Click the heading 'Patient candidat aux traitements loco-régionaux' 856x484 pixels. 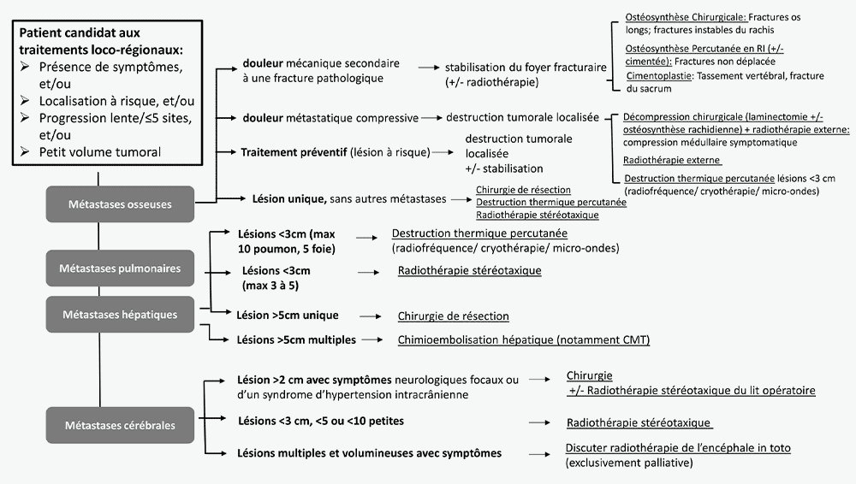(x=101, y=39)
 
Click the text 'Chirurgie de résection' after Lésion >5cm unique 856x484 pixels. (x=453, y=316)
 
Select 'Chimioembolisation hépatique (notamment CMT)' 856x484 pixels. (x=524, y=340)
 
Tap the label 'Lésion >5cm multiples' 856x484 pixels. (x=296, y=340)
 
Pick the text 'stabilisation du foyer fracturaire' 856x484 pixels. (x=526, y=67)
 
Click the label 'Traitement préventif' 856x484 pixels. (x=293, y=152)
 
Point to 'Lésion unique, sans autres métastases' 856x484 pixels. (x=349, y=199)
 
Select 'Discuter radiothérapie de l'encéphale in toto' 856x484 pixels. (x=678, y=448)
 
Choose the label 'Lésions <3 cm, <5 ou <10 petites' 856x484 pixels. (x=320, y=421)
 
